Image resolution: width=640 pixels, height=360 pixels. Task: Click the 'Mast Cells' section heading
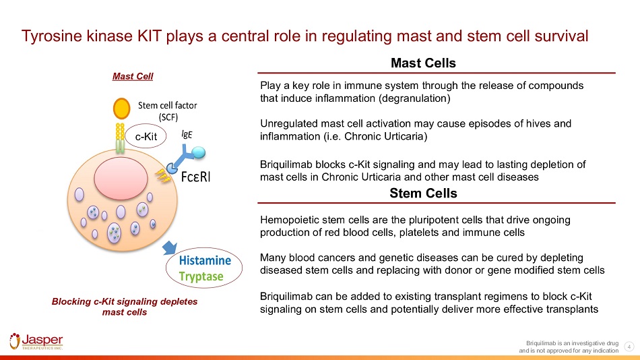tap(423, 63)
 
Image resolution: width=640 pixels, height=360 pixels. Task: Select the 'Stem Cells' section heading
tap(423, 193)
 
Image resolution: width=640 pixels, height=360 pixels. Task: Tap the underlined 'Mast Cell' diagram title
tap(133, 76)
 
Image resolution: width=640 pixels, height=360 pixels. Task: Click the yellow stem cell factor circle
tap(122, 108)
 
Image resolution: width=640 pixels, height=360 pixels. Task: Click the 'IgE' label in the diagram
tap(188, 133)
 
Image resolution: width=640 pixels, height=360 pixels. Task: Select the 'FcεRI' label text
tap(210, 177)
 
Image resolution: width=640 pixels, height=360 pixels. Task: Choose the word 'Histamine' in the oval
tap(205, 260)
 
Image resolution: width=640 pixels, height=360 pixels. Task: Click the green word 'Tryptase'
tap(201, 276)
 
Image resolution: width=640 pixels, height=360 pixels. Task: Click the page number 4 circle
tap(629, 347)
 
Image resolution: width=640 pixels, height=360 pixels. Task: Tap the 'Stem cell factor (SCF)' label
tap(168, 111)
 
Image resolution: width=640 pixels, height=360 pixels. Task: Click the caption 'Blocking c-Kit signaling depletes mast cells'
tap(125, 307)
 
